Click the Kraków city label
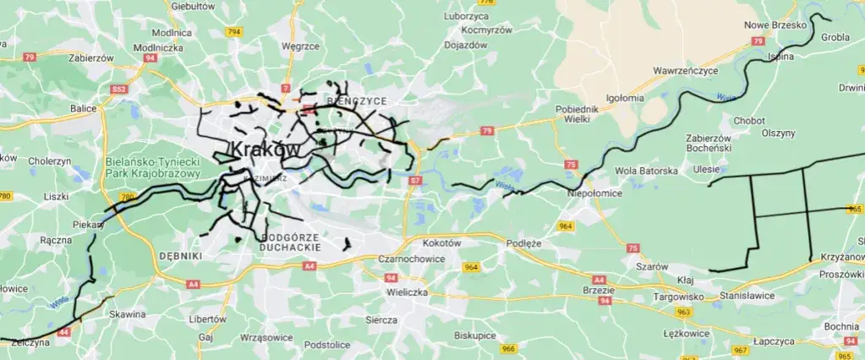pos(265,150)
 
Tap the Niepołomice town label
pos(594,193)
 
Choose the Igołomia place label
pos(624,98)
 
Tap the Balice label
pos(84,108)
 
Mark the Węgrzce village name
pos(298,46)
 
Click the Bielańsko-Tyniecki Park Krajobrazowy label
pos(153,167)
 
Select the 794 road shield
pos(234,32)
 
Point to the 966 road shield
pos(508,348)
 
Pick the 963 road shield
pos(683,312)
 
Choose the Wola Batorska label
pos(647,171)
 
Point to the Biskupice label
pos(474,335)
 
